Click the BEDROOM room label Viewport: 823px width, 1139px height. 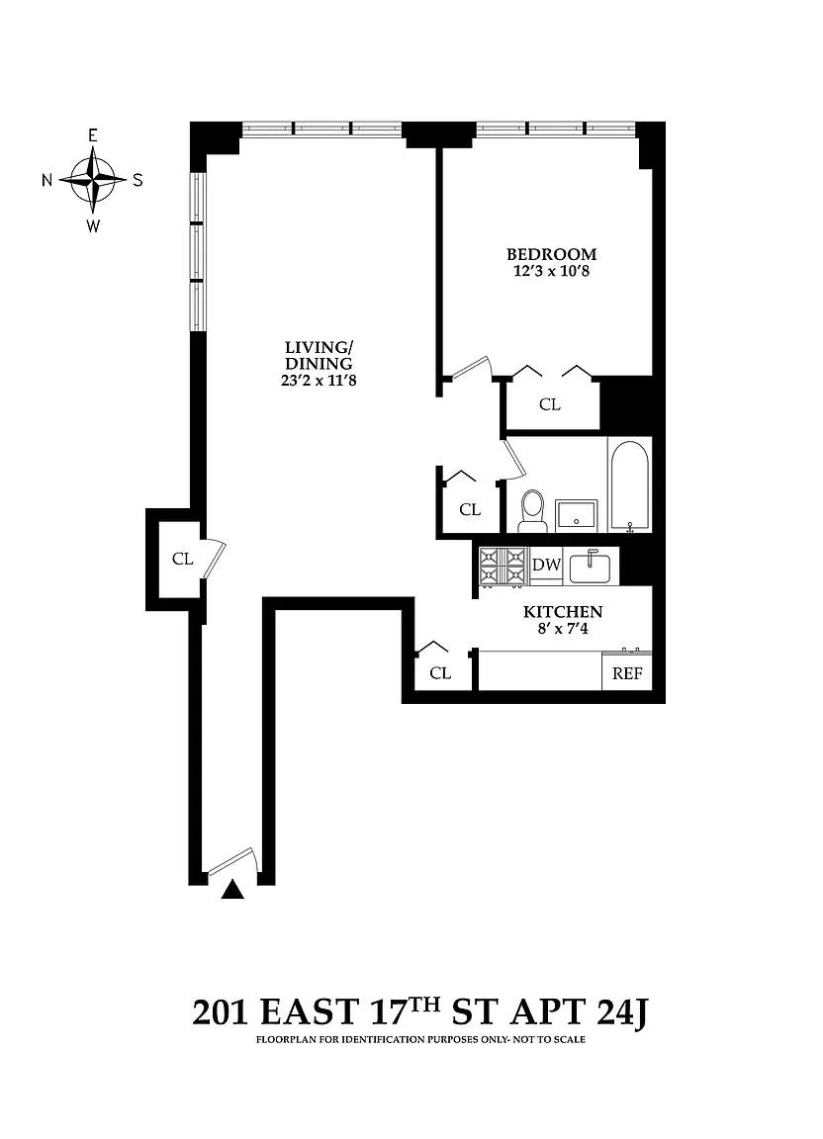click(x=551, y=254)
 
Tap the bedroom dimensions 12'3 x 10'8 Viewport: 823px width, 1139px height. click(x=551, y=272)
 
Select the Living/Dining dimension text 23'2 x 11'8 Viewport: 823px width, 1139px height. click(x=319, y=380)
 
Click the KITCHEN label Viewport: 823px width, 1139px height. click(x=563, y=612)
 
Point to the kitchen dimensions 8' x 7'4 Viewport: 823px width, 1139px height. click(x=563, y=629)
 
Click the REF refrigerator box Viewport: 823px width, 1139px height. click(x=627, y=672)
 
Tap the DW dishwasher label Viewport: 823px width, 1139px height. click(x=546, y=565)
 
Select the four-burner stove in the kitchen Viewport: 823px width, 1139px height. click(x=503, y=566)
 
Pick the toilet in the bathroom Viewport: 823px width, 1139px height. click(x=532, y=510)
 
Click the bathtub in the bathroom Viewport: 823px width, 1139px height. click(x=629, y=486)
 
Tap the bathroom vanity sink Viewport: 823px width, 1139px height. click(x=576, y=515)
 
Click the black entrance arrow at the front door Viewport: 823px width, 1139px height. click(x=231, y=890)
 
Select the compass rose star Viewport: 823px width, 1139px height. click(x=92, y=179)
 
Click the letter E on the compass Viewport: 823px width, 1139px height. click(x=92, y=135)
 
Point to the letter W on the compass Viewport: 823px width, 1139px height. click(x=93, y=225)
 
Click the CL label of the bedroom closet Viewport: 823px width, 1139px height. click(x=550, y=404)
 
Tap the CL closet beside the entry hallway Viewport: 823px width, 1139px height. click(x=182, y=559)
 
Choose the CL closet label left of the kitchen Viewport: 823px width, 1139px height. click(x=440, y=673)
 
